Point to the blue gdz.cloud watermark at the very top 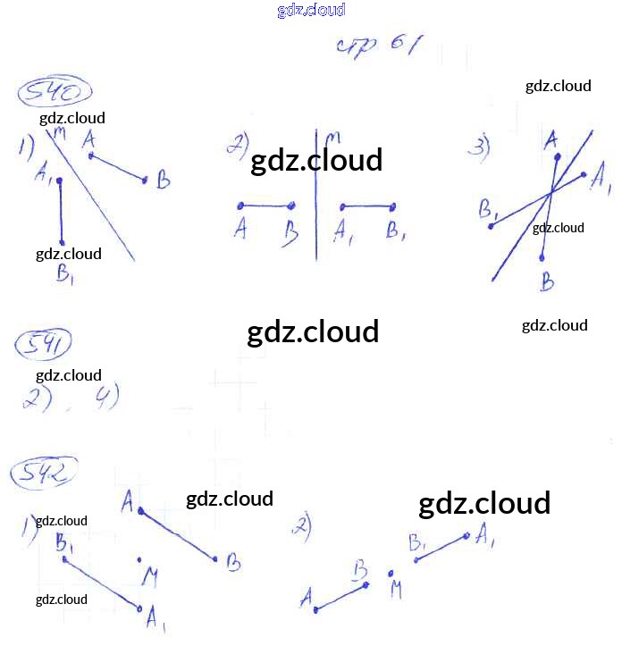pyautogui.click(x=311, y=11)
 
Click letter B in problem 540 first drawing pyautogui.click(x=163, y=181)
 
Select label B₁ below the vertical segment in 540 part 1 pyautogui.click(x=65, y=273)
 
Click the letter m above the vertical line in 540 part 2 pyautogui.click(x=332, y=138)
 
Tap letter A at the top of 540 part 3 pyautogui.click(x=551, y=138)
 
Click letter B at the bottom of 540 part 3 pyautogui.click(x=547, y=283)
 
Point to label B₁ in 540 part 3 pyautogui.click(x=489, y=210)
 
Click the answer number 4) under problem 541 pyautogui.click(x=107, y=396)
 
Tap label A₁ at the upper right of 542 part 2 pyautogui.click(x=487, y=535)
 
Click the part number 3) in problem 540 pyautogui.click(x=481, y=147)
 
